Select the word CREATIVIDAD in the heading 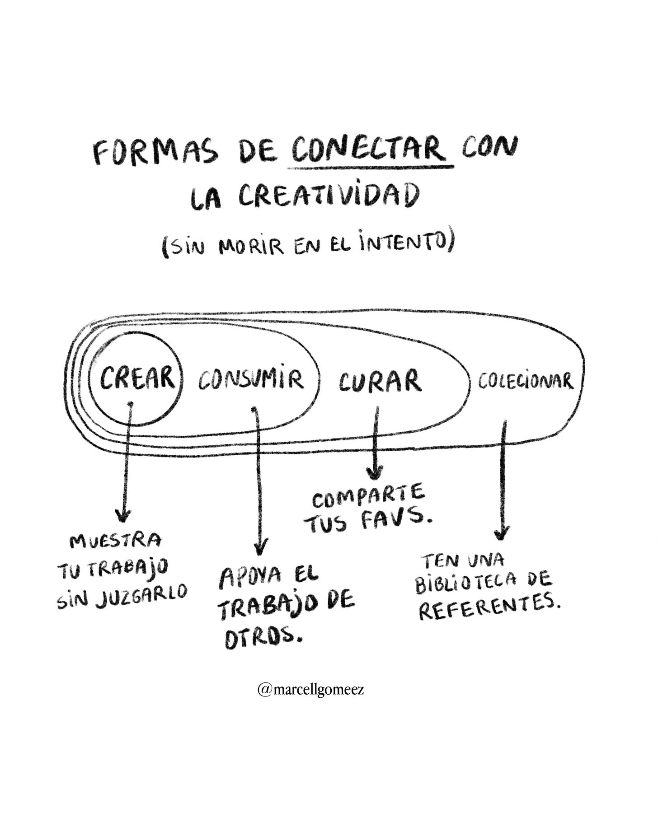coord(328,197)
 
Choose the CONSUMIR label coord(251,380)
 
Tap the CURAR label coord(380,381)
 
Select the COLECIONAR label coord(526,381)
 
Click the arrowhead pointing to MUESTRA coord(123,515)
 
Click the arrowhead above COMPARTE coord(373,473)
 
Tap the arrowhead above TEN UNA coord(501,533)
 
